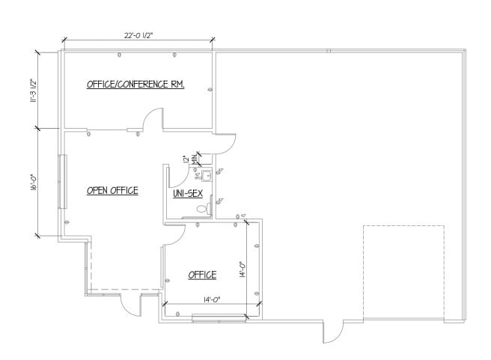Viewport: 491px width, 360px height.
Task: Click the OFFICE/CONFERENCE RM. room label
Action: [135, 84]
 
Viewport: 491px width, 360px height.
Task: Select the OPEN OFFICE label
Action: [112, 190]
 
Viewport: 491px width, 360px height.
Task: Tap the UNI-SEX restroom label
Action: [188, 193]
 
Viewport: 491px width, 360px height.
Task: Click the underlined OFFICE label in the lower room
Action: [201, 275]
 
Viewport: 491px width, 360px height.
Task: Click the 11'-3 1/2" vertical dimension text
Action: [32, 91]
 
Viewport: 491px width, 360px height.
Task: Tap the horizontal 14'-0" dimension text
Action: [210, 299]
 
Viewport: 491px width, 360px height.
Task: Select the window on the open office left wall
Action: [62, 183]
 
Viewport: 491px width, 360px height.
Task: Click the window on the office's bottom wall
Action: [219, 319]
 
